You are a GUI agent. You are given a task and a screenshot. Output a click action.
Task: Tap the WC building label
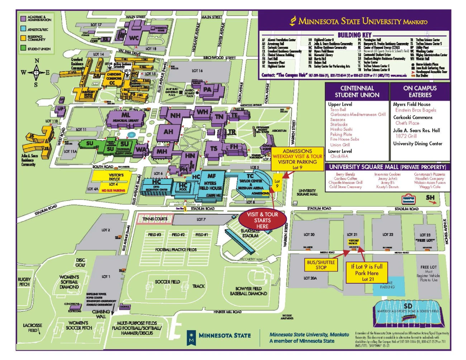click(x=134, y=38)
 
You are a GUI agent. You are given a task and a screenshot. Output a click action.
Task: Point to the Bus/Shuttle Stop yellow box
click(x=321, y=265)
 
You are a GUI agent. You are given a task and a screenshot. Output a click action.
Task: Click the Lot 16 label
click(x=197, y=71)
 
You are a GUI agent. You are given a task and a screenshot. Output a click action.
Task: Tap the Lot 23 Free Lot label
click(x=425, y=237)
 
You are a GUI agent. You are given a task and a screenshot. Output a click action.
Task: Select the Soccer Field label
click(x=167, y=282)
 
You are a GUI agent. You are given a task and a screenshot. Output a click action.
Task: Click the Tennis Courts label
click(x=155, y=219)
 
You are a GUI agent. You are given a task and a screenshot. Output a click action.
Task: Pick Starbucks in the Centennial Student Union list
click(x=339, y=124)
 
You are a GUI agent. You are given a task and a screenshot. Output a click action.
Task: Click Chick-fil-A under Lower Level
click(x=339, y=156)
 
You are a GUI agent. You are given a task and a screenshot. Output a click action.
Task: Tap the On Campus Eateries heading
click(x=420, y=91)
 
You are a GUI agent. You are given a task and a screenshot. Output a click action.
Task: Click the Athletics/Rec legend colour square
click(x=23, y=29)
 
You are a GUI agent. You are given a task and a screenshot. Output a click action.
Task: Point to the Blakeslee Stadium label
click(x=250, y=233)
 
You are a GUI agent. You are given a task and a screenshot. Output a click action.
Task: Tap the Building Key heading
click(x=355, y=35)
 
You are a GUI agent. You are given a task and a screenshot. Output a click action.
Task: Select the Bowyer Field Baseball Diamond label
click(x=248, y=291)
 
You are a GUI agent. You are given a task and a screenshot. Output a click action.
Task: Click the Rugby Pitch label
click(x=24, y=282)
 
